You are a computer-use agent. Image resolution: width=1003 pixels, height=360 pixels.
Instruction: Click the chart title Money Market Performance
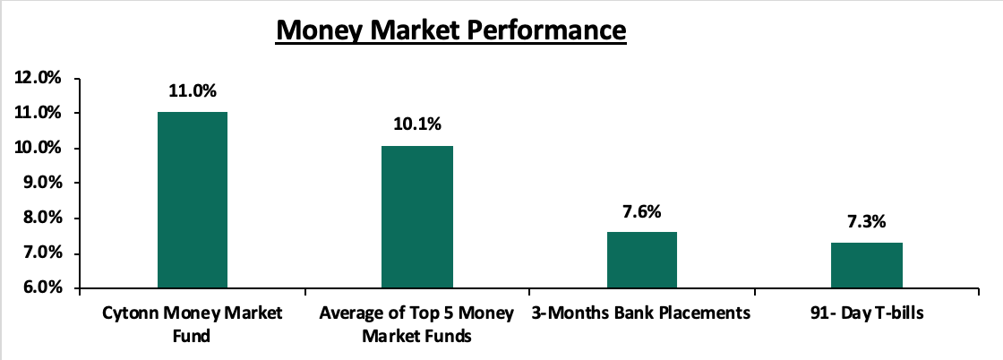[450, 30]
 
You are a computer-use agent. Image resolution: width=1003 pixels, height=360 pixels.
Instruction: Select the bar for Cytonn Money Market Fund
[192, 200]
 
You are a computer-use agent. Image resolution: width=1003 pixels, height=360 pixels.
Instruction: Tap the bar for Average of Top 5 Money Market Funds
[417, 218]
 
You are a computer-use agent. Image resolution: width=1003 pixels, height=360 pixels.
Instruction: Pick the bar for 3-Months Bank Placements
[641, 261]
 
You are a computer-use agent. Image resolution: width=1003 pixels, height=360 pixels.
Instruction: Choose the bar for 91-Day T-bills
[867, 265]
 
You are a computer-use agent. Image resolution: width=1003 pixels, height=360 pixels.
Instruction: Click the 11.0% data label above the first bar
[193, 90]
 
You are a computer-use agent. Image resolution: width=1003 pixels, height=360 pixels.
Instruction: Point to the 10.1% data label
[417, 124]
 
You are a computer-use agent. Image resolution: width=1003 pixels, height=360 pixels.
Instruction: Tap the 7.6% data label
[641, 211]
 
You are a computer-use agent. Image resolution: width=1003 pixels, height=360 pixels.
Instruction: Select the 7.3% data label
[867, 221]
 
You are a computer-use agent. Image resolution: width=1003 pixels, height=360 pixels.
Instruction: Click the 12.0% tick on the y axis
[38, 79]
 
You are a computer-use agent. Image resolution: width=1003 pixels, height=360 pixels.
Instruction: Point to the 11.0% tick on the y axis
[38, 113]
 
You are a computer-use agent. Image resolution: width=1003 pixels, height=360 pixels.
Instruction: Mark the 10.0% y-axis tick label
[38, 149]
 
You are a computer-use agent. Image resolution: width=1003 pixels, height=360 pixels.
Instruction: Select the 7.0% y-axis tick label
[41, 253]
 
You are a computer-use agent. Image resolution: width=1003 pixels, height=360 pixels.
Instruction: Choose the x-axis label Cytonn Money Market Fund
[192, 324]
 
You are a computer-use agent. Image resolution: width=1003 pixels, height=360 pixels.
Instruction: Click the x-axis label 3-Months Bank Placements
[641, 314]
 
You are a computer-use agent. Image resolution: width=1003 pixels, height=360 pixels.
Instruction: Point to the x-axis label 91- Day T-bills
[867, 314]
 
